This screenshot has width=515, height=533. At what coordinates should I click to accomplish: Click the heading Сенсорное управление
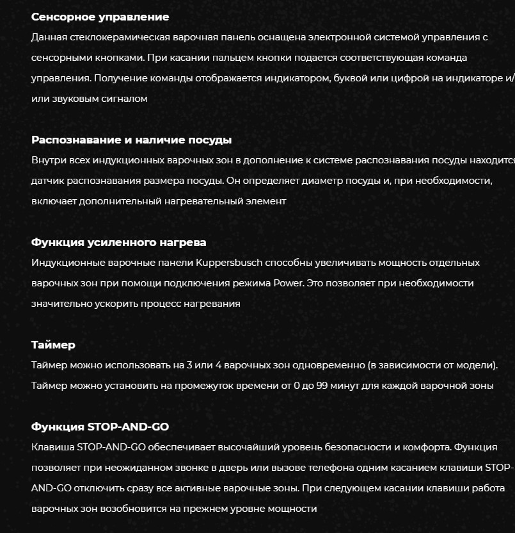pos(100,17)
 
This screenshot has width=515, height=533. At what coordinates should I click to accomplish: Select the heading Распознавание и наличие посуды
pos(131,140)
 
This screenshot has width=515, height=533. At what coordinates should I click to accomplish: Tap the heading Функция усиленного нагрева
pos(118,242)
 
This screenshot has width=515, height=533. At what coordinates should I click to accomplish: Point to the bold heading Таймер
pos(53,345)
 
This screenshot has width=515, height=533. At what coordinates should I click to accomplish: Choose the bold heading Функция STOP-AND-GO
pos(100,427)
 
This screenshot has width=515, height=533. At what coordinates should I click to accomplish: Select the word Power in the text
pos(288,283)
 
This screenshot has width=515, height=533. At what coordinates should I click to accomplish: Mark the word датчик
pos(47,181)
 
